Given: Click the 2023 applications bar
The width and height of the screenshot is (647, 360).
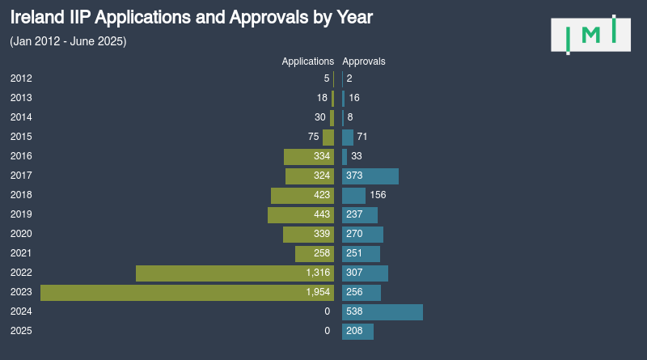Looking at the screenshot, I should click(187, 292).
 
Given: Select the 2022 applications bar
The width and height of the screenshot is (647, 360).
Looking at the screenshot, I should click(235, 273).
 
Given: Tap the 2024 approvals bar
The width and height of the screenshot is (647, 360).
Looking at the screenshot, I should click(383, 311).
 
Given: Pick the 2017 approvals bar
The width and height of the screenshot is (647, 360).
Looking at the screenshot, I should click(370, 176).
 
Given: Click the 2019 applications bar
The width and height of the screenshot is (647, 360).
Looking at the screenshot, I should click(301, 214).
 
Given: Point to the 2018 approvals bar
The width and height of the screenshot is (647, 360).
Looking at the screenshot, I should click(353, 195).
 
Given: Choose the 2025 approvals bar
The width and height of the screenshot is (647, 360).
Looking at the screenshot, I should click(357, 331).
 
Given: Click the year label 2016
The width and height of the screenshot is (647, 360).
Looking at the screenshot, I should click(21, 156).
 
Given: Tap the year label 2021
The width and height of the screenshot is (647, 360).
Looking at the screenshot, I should click(21, 253).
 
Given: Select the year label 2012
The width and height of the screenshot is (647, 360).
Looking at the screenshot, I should click(21, 78).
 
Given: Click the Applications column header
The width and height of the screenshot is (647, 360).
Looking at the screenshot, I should click(307, 61).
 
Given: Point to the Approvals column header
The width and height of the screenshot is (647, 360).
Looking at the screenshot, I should click(364, 61).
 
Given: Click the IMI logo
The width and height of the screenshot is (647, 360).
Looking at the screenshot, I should click(590, 34).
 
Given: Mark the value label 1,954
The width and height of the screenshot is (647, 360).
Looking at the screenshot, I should click(318, 292).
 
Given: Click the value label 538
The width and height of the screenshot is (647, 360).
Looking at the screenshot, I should click(354, 311).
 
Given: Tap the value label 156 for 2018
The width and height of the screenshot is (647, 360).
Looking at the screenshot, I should click(378, 195).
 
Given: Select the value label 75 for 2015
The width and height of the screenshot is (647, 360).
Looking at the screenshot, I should click(314, 137).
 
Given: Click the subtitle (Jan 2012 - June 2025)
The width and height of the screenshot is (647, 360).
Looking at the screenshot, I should click(68, 41).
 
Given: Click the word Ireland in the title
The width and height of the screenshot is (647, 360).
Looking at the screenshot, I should click(36, 17).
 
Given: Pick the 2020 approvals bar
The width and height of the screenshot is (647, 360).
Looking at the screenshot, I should click(362, 234).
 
